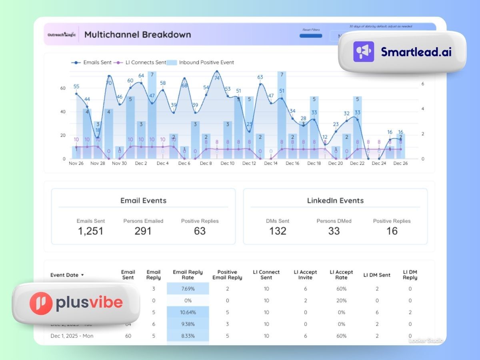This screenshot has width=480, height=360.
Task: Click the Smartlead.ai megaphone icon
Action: tap(364, 52)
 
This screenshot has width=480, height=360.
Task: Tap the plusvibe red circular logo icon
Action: tap(41, 303)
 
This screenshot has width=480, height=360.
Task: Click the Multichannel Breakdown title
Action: tap(138, 34)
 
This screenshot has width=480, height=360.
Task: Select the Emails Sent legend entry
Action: tap(92, 62)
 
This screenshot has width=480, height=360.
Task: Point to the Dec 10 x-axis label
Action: tap(227, 163)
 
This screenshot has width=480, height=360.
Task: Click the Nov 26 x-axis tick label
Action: tap(76, 163)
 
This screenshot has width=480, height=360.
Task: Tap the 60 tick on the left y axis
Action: tap(63, 88)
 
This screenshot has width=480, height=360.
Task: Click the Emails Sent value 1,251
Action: tap(91, 231)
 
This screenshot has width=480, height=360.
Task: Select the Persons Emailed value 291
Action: tap(143, 231)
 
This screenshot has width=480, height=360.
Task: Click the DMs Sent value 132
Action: tap(278, 231)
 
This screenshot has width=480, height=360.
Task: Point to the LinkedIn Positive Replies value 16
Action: tap(392, 231)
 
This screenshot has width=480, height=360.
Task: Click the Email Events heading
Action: tap(143, 200)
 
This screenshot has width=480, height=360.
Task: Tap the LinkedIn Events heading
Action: tap(335, 200)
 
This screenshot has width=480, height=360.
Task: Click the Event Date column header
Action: tap(67, 275)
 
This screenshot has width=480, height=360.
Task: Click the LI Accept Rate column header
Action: tap(341, 275)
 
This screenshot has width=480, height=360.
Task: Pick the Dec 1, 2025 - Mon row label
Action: tap(72, 336)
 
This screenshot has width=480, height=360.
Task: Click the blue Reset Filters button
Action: tap(311, 36)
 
